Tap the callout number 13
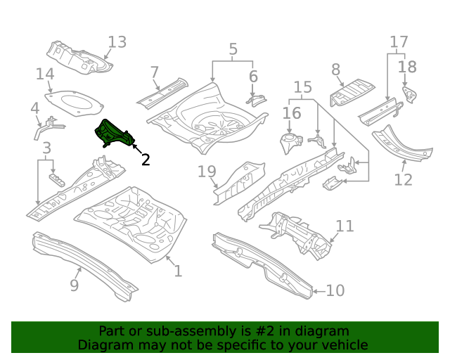click(x=117, y=42)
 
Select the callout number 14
click(x=45, y=75)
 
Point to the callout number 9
click(x=74, y=285)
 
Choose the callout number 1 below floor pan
click(x=178, y=271)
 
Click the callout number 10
click(x=335, y=290)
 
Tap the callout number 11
click(x=345, y=226)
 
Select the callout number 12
click(x=403, y=180)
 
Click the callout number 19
click(x=206, y=172)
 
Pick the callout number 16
click(x=292, y=113)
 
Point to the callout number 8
click(x=335, y=70)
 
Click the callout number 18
click(x=407, y=67)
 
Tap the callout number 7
click(x=155, y=72)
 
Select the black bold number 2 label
click(x=146, y=160)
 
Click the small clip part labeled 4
click(x=48, y=126)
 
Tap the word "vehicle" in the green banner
click(x=344, y=345)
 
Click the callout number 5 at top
click(x=233, y=49)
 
